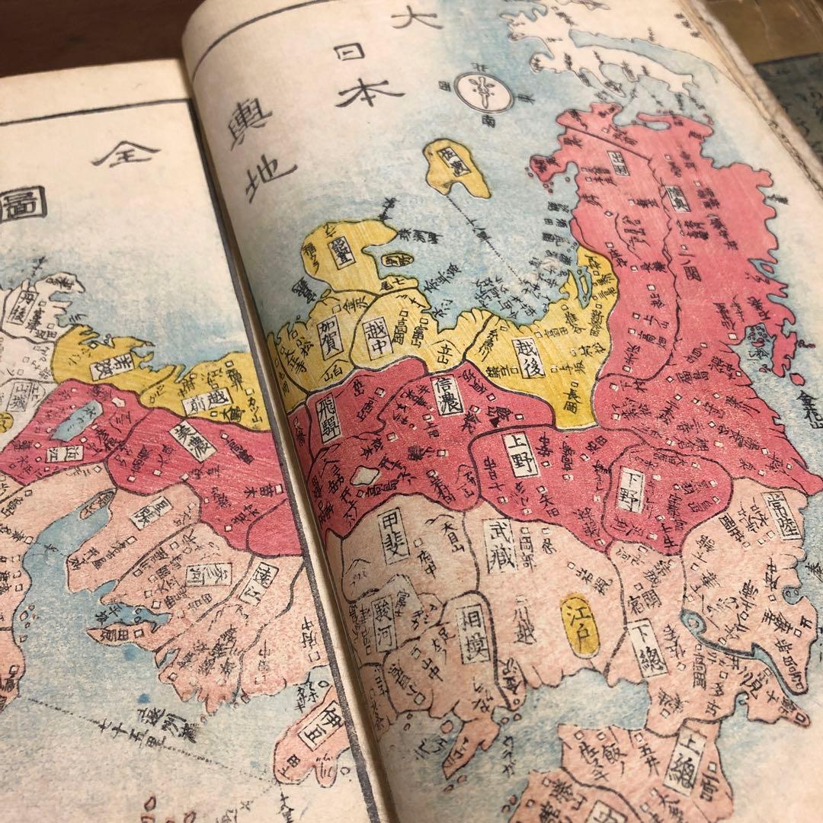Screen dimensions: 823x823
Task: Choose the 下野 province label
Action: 634,488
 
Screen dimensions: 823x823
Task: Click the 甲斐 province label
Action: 395,536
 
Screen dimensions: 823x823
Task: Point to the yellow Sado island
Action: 456,167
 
